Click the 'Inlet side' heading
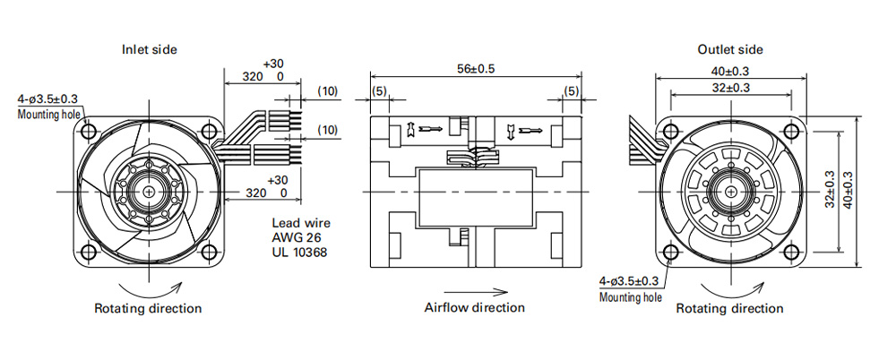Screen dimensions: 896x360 (x=149, y=50)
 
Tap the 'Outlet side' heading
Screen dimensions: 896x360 (x=729, y=50)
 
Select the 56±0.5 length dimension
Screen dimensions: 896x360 (x=476, y=69)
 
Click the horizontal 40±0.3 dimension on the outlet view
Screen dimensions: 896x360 (x=729, y=72)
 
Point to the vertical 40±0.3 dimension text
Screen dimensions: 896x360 (x=848, y=190)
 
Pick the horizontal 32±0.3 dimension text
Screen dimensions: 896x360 (x=729, y=88)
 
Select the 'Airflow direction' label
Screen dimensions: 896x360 (x=474, y=307)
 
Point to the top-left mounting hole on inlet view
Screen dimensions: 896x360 (x=88, y=132)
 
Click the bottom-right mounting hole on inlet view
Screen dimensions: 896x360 (x=210, y=252)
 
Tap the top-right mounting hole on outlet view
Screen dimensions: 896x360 (x=791, y=132)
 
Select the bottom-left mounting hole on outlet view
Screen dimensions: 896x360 (x=669, y=252)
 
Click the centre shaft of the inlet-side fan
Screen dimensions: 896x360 (x=149, y=192)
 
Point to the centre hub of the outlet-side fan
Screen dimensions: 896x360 (x=730, y=192)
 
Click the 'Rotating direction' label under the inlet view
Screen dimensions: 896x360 (x=148, y=309)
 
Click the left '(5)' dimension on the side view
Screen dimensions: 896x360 (x=379, y=91)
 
